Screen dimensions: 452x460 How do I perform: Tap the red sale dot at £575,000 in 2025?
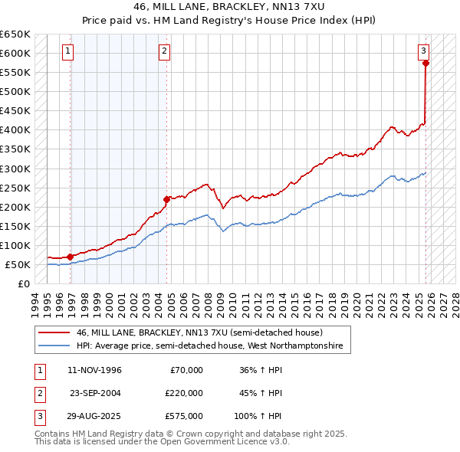426,63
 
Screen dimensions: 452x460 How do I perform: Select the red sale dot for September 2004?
167,199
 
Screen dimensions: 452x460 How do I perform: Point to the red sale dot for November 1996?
71,257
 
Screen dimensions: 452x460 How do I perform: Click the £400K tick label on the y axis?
15,130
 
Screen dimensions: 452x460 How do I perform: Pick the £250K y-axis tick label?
15,188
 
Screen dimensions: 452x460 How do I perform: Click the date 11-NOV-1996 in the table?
95,370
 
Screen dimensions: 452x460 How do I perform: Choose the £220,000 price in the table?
184,393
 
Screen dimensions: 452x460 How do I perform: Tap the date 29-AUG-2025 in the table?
95,416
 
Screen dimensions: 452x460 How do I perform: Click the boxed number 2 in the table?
38,393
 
